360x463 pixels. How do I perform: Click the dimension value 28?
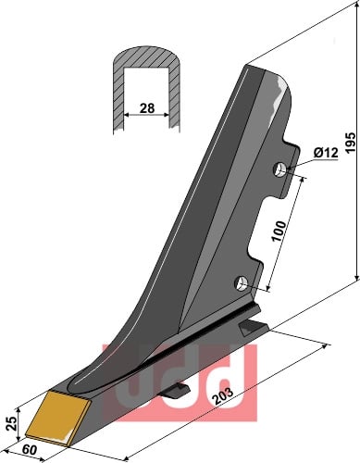[x=147, y=108]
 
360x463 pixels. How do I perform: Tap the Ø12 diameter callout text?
[x=326, y=153]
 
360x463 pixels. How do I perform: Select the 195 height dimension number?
[x=350, y=143]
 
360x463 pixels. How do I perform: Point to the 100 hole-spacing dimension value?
[x=279, y=231]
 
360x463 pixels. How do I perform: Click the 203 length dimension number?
[x=224, y=396]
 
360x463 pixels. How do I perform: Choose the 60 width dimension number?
[x=30, y=450]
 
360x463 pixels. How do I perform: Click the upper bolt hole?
[x=280, y=169]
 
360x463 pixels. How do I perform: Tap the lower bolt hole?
[x=242, y=282]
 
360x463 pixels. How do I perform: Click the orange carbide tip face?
[x=57, y=419]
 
